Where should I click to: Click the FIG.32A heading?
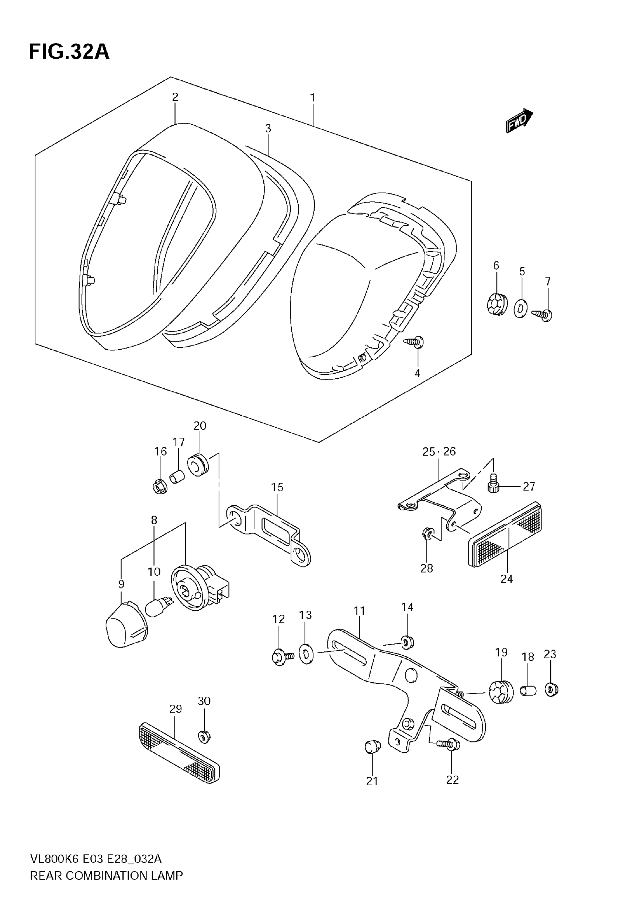pyautogui.click(x=69, y=51)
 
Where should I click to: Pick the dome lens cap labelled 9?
pyautogui.click(x=127, y=625)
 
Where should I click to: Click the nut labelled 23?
pyautogui.click(x=551, y=690)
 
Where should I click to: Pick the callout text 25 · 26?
pyautogui.click(x=439, y=452)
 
